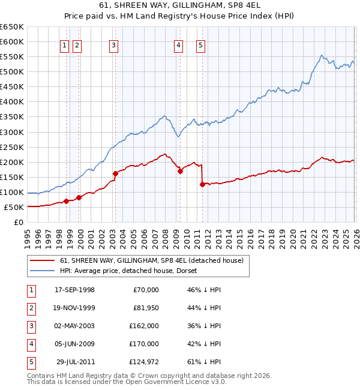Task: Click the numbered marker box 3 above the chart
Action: pyautogui.click(x=113, y=44)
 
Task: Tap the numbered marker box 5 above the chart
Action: pyautogui.click(x=200, y=44)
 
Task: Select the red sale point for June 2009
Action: pyautogui.click(x=180, y=171)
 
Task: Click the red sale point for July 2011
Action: pyautogui.click(x=202, y=185)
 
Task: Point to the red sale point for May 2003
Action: pyautogui.click(x=115, y=173)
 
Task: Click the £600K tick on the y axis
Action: pyautogui.click(x=12, y=41)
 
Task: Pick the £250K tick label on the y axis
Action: pyautogui.click(x=12, y=147)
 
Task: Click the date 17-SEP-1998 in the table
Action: pyautogui.click(x=74, y=290)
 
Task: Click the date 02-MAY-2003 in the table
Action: pyautogui.click(x=74, y=326)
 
